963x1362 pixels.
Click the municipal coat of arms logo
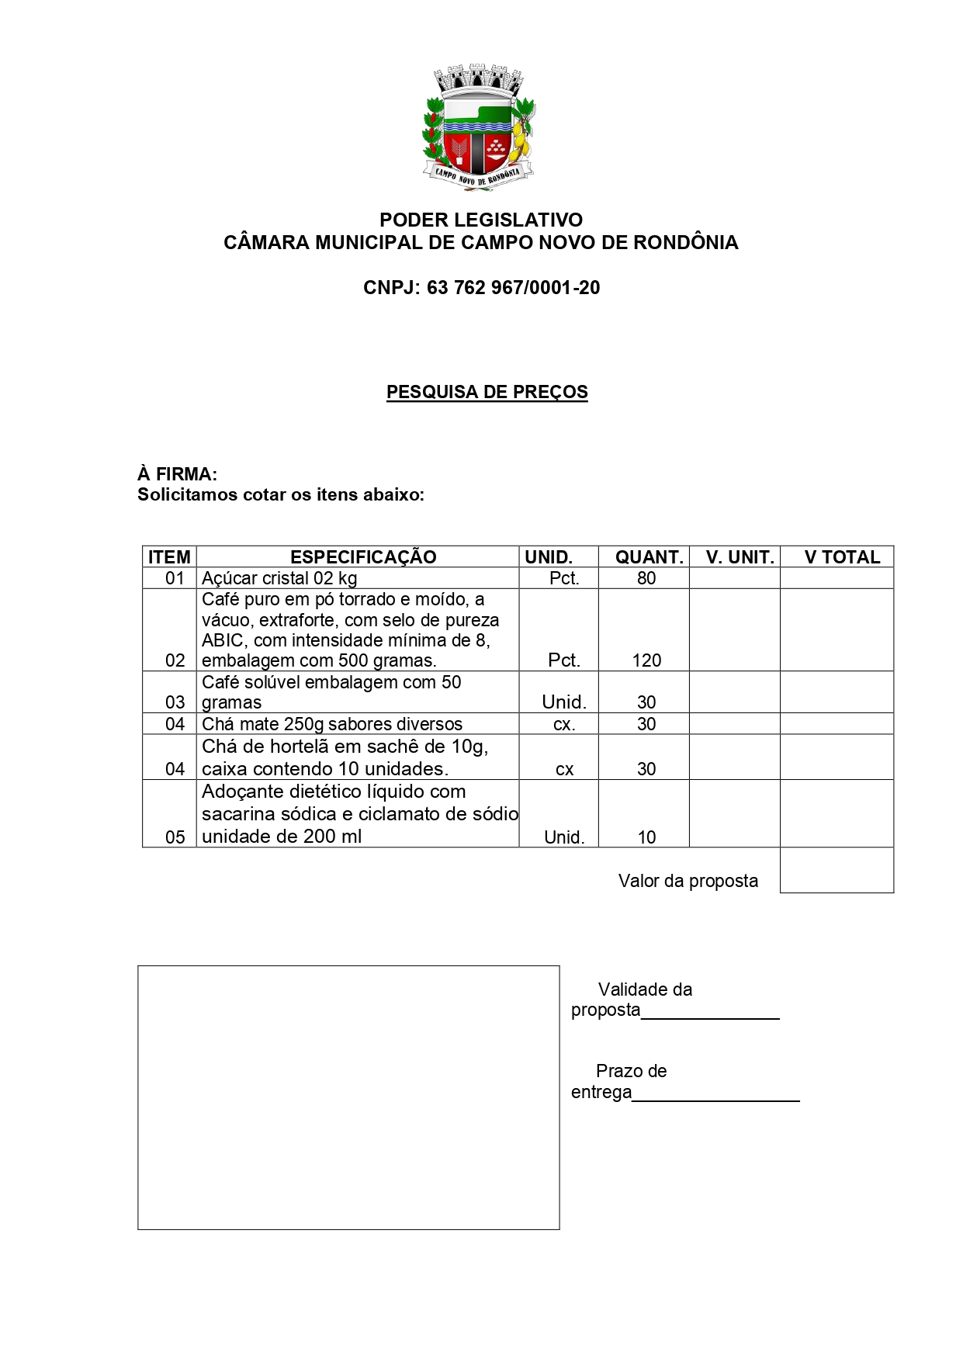(479, 128)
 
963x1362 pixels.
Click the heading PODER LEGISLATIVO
(480, 220)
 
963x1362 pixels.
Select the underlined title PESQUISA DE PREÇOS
(487, 392)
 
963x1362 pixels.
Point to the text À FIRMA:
(177, 474)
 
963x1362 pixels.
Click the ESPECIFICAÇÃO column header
(363, 557)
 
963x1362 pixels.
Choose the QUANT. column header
(649, 557)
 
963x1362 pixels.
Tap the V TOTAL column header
(842, 557)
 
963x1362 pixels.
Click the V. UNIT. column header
(740, 557)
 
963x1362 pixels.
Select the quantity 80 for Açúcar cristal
(646, 578)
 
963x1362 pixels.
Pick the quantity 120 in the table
(646, 660)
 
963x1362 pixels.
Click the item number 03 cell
(175, 702)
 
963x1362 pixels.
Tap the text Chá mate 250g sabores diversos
(332, 724)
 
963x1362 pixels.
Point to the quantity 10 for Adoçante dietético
(646, 837)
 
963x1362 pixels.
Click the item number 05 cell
(175, 837)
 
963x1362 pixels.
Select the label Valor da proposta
(688, 881)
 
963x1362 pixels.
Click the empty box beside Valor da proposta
(837, 870)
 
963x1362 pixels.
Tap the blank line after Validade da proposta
(710, 1012)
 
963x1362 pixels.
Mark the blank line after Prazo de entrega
(715, 1093)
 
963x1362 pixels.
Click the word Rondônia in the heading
(685, 243)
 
